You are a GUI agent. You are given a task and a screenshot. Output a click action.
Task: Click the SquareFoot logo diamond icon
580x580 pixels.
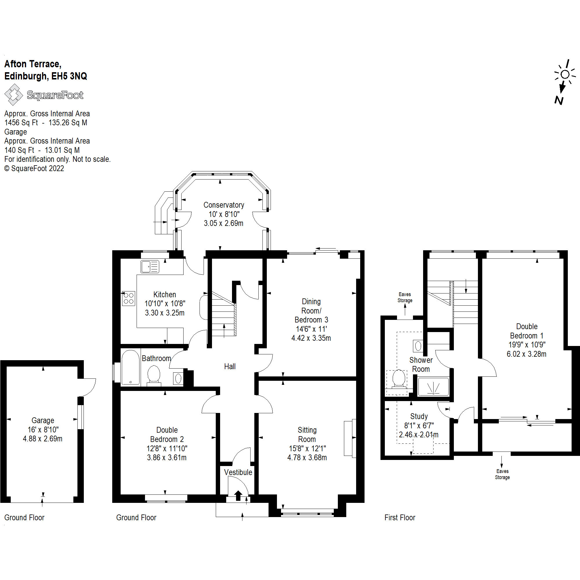pyautogui.click(x=14, y=95)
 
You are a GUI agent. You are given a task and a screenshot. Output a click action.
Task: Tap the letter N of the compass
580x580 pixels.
pyautogui.click(x=559, y=100)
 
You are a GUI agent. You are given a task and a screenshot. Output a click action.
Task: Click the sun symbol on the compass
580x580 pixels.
pyautogui.click(x=565, y=74)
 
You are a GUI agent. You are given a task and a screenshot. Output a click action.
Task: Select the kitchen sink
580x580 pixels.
pyautogui.click(x=150, y=267)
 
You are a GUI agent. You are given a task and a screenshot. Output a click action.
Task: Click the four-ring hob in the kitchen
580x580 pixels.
pyautogui.click(x=128, y=298)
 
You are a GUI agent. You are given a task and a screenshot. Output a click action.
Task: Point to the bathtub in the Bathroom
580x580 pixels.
pyautogui.click(x=130, y=367)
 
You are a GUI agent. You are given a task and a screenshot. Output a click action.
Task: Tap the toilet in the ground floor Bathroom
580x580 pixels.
pyautogui.click(x=154, y=374)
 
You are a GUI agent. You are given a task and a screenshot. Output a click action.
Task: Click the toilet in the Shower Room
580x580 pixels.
pyautogui.click(x=399, y=378)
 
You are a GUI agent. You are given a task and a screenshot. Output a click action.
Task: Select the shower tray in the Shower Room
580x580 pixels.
pyautogui.click(x=433, y=387)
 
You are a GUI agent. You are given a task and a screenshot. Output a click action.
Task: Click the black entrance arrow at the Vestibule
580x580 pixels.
pyautogui.click(x=238, y=495)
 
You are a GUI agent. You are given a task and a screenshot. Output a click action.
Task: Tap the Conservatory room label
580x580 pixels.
pyautogui.click(x=224, y=205)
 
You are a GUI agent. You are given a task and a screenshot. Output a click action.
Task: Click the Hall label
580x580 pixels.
pyautogui.click(x=230, y=366)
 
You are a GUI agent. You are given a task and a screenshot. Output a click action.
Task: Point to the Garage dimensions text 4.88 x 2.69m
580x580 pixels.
pyautogui.click(x=43, y=438)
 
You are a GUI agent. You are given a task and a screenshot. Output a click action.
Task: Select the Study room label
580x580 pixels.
pyautogui.click(x=419, y=416)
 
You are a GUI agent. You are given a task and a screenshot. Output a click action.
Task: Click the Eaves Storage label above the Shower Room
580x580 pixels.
pyautogui.click(x=405, y=297)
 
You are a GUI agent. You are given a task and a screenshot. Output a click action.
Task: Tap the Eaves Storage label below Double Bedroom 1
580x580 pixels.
pyautogui.click(x=502, y=474)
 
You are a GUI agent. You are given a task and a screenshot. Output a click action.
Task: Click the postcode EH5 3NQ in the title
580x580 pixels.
pyautogui.click(x=69, y=76)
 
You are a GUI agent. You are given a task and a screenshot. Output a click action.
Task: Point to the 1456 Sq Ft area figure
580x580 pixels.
pyautogui.click(x=21, y=122)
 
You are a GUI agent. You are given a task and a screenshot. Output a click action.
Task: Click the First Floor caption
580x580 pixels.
pyautogui.click(x=400, y=518)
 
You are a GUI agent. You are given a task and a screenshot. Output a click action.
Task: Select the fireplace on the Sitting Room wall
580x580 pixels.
pyautogui.click(x=349, y=438)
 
